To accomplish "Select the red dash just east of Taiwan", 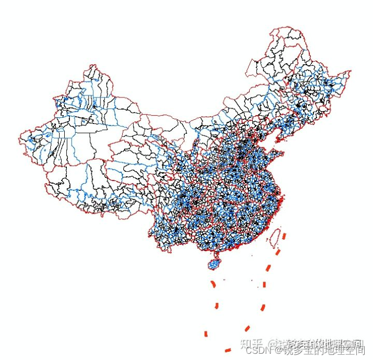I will pos(284,236).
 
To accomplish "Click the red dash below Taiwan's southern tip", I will pos(278,252).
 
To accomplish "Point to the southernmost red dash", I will pos(227,350).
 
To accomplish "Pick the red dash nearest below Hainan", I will pos(213,284).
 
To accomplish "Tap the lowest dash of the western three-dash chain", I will pos(206,333).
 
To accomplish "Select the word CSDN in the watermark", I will pos(257,351).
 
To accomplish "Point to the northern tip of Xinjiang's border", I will pos(92,65).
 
